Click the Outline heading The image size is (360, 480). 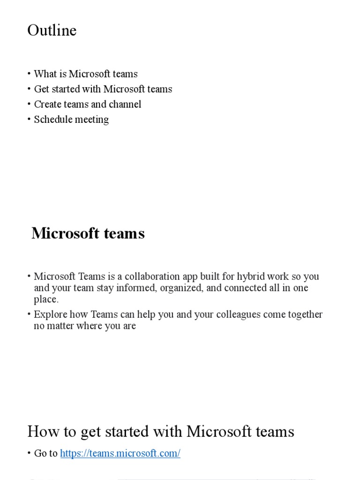(52, 30)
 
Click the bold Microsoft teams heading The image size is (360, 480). (88, 233)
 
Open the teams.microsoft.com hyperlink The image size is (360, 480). (120, 453)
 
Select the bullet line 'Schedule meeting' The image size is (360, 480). (71, 120)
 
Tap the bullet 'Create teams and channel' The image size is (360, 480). (87, 104)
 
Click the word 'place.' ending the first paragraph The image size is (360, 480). (46, 299)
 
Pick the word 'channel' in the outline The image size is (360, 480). (124, 104)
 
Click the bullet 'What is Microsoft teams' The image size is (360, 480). (86, 74)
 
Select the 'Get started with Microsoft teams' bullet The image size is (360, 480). (103, 89)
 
